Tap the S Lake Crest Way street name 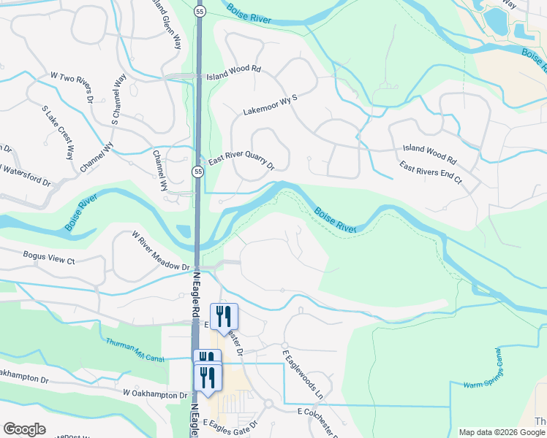coord(59,132)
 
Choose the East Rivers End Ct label coord(431,172)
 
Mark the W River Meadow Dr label coord(160,251)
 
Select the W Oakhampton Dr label coord(155,394)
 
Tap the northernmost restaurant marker coord(225,315)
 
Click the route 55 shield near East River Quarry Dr coord(198,171)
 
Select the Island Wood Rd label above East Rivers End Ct coord(429,153)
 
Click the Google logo coord(25,429)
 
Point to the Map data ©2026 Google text coord(502,431)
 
